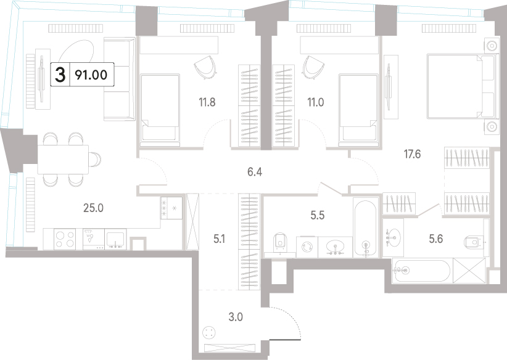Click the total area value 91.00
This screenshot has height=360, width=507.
[x=91, y=75]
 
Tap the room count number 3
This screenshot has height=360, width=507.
[x=60, y=75]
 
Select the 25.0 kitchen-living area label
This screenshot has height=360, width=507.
[x=94, y=208]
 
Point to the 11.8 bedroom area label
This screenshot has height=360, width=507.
[x=207, y=102]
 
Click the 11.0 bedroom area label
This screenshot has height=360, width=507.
[x=315, y=102]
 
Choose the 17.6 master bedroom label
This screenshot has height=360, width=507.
[x=412, y=155]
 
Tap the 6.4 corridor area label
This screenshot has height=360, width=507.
[x=255, y=172]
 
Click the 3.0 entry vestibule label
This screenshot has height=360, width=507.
[x=236, y=317]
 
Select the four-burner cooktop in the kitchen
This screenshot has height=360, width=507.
[x=64, y=239]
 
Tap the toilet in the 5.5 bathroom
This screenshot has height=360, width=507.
[x=279, y=242]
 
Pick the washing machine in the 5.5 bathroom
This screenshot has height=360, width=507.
[x=307, y=247]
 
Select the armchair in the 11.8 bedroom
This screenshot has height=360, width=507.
[x=205, y=67]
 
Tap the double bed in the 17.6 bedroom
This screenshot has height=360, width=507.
[x=461, y=86]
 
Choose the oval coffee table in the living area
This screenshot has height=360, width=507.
[x=77, y=52]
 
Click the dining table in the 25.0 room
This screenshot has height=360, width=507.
[x=63, y=159]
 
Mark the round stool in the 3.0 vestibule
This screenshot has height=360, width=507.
[x=208, y=332]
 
